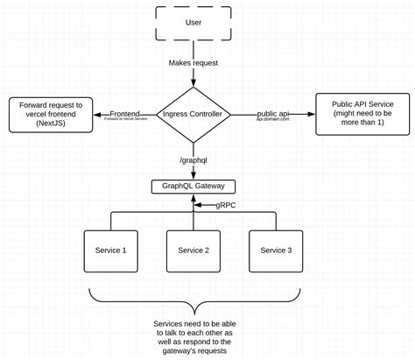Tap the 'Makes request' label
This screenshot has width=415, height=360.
coord(193,64)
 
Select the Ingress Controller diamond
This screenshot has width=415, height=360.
coord(193,113)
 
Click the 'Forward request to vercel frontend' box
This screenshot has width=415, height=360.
coord(51,114)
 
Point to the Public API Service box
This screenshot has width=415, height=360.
coord(362,114)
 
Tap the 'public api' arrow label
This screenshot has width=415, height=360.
coord(273,113)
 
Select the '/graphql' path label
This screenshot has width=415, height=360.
coord(193,159)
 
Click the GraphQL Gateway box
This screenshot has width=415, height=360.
coord(193,186)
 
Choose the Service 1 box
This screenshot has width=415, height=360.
coord(110,250)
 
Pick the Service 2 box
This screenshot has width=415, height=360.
coord(193,250)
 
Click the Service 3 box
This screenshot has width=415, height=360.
coord(277,250)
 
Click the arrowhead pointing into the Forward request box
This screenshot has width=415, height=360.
coord(99,114)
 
